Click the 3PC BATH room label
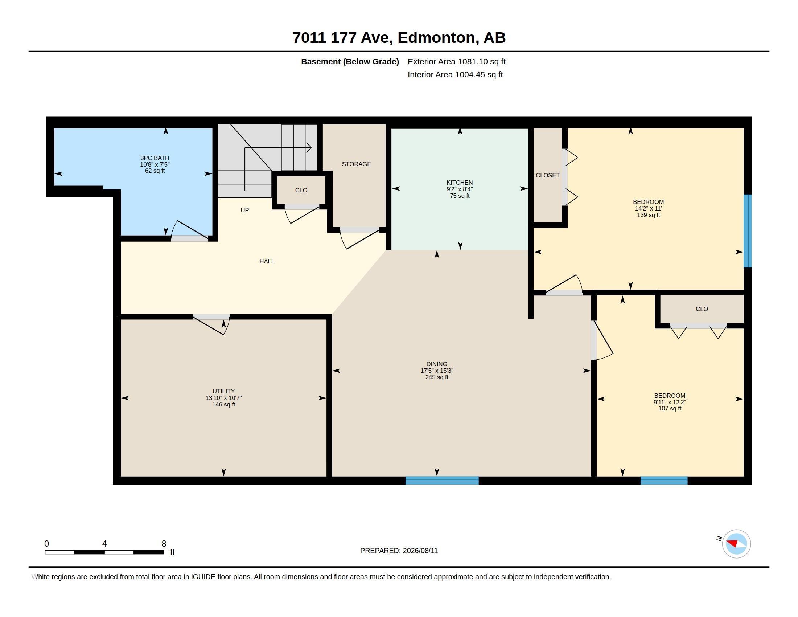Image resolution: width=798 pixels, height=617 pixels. [155, 158]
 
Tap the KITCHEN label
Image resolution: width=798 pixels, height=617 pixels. [459, 183]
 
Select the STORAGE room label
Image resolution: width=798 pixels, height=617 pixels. [356, 164]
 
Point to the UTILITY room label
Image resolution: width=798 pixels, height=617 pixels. [223, 391]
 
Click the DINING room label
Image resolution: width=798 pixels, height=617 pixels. [437, 364]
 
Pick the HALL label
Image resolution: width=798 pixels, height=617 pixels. [267, 261]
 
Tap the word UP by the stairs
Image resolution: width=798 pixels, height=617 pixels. [244, 210]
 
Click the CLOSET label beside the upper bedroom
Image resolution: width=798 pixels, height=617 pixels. [547, 175]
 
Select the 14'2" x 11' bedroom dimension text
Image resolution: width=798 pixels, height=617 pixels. [648, 208]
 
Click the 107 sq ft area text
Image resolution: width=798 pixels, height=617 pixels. [669, 409]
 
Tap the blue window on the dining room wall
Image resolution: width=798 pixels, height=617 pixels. [442, 480]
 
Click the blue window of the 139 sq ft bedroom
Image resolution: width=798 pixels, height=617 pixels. [748, 230]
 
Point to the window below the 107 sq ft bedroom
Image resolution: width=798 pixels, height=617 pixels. [663, 480]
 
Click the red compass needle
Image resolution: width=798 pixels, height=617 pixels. [732, 543]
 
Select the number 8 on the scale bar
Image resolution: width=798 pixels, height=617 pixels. [164, 544]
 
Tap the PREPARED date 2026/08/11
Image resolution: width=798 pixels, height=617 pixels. [420, 551]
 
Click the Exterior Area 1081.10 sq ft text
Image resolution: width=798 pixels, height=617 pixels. [456, 61]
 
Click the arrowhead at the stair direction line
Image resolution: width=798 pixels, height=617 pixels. [309, 148]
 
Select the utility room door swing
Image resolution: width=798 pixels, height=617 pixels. [210, 325]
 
